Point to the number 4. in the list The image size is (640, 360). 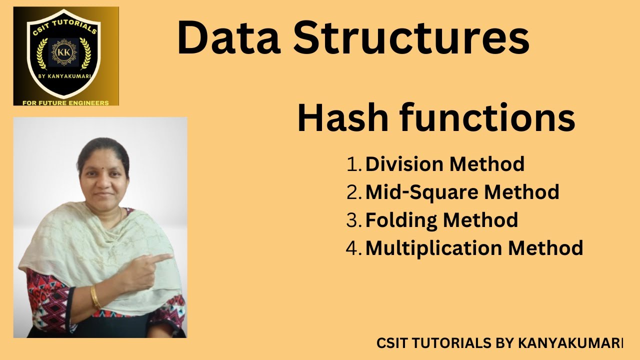[354, 248]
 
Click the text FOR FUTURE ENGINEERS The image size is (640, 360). [65, 102]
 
